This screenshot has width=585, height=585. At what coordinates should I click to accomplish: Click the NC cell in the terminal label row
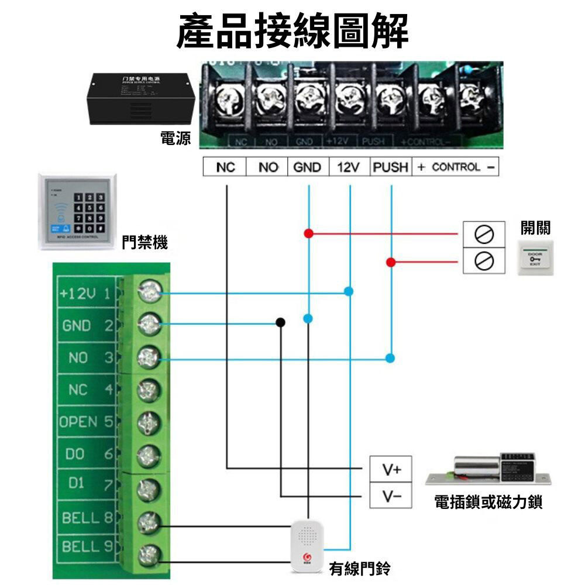(225, 167)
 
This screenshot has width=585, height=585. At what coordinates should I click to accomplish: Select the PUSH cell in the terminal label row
(390, 167)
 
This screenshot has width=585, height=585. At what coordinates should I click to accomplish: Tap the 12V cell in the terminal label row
(347, 167)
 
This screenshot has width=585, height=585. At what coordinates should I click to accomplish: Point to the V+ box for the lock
(391, 469)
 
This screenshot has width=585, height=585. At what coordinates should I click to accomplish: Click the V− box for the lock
(391, 497)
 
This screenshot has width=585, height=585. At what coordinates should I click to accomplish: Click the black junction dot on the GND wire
(281, 323)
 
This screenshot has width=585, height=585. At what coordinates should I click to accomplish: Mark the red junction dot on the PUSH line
(390, 261)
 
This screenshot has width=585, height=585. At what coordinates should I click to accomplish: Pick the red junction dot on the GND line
(308, 233)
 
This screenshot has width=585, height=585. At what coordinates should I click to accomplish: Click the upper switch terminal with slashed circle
(484, 233)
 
